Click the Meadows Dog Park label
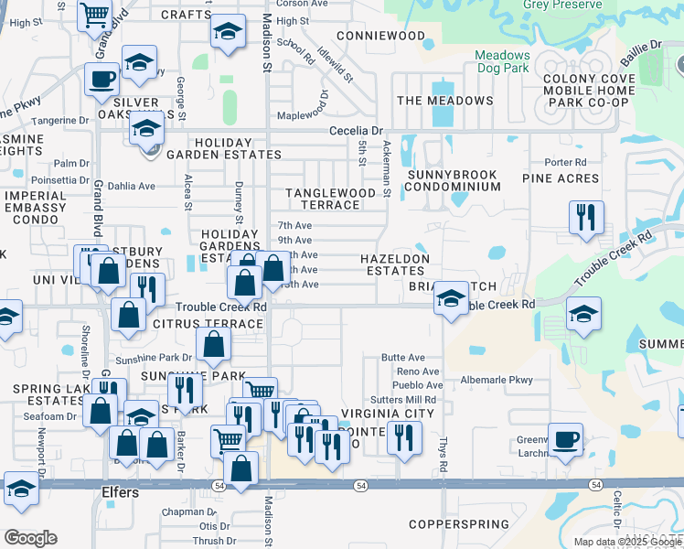(502, 61)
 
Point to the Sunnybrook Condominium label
(454, 180)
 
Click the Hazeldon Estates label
(394, 265)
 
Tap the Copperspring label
(459, 524)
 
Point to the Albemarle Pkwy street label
(497, 380)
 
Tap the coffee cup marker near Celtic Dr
(565, 440)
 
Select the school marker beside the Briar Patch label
(450, 298)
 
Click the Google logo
(30, 538)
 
